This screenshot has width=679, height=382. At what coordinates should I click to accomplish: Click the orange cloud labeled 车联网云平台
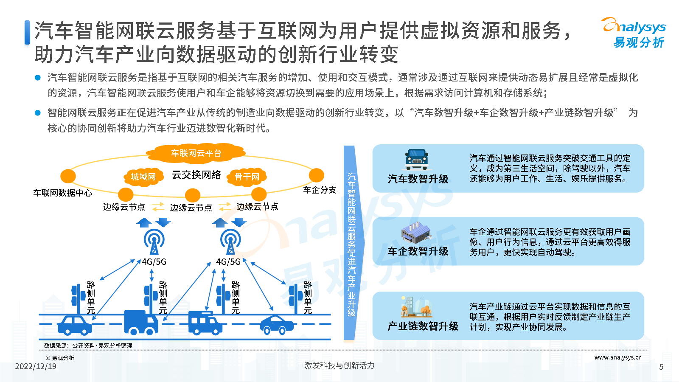click(196, 152)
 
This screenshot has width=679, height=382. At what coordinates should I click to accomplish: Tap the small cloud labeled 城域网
click(143, 177)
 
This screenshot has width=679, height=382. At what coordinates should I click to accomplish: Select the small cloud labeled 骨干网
click(247, 177)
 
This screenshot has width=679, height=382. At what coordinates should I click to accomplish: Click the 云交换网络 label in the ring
click(196, 174)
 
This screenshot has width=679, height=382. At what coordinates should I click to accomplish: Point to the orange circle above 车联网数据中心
click(68, 176)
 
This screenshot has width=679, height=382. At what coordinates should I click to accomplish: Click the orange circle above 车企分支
click(317, 176)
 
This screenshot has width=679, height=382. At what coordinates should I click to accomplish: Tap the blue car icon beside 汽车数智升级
click(417, 160)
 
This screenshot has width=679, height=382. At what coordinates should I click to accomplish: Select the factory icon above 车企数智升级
click(415, 233)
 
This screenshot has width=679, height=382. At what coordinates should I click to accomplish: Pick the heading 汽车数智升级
click(418, 179)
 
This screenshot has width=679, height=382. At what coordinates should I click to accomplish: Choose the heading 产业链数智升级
click(423, 326)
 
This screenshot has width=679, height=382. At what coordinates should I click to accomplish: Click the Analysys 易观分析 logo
click(634, 33)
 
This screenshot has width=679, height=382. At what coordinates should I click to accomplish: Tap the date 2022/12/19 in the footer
click(36, 367)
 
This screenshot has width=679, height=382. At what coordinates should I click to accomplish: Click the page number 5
click(661, 367)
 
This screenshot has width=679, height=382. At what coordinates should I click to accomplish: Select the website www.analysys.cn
click(618, 357)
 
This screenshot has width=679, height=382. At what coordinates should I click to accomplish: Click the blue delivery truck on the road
click(141, 322)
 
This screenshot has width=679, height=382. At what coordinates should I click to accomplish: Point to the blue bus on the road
click(205, 323)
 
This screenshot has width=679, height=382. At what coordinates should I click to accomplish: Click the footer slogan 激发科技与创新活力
click(339, 365)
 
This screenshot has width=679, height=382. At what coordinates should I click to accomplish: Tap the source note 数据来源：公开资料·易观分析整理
click(88, 345)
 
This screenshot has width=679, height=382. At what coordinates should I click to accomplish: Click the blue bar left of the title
click(27, 32)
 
